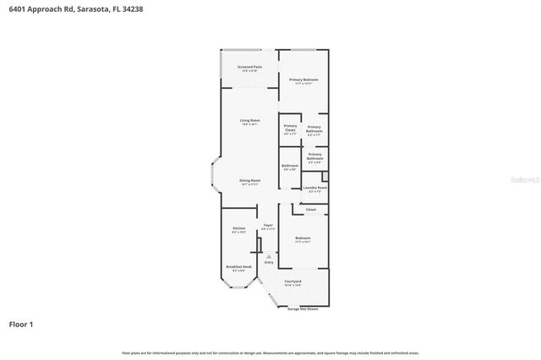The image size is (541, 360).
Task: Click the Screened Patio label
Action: [249, 67]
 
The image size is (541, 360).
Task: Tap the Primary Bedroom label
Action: [303, 80]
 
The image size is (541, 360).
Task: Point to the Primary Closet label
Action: [290, 128]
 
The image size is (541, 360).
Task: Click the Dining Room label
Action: [249, 182]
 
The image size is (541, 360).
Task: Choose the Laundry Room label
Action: [315, 188]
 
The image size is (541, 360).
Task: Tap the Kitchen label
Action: [238, 230]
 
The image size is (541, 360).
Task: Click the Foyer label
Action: [268, 226]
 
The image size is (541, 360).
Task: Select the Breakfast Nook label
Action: [238, 268]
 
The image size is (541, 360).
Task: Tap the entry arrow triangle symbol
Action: [269, 256]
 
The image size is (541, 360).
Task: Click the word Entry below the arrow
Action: [269, 263]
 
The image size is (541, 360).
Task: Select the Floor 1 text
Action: [21, 324]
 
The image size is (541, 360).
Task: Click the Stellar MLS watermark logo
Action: [524, 179]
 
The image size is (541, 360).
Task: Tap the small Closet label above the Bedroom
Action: [310, 210]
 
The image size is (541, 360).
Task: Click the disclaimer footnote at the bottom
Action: [270, 352]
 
